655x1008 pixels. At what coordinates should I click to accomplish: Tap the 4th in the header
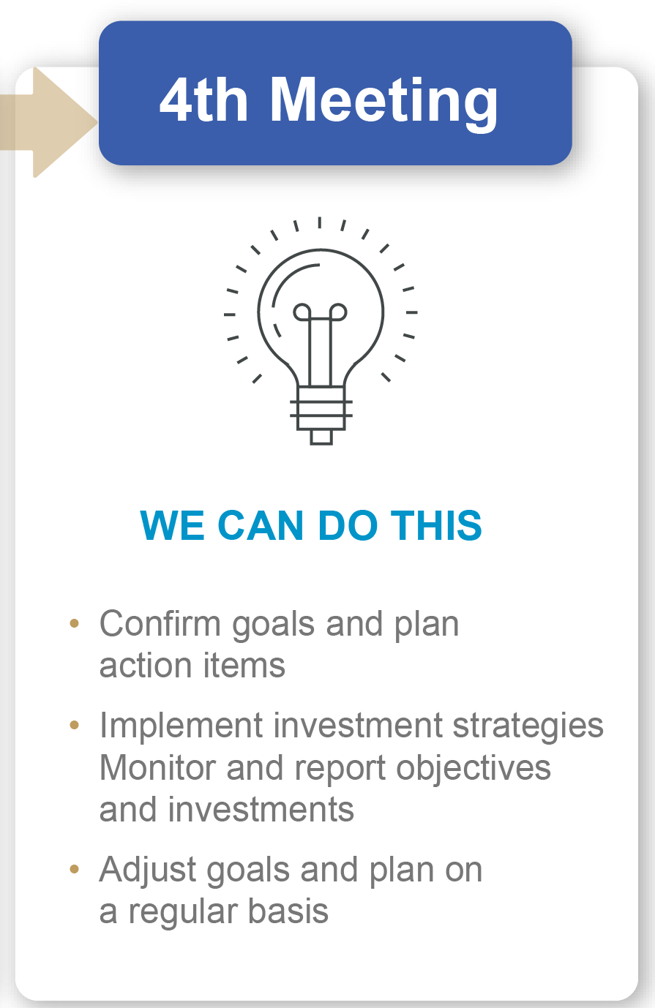click(203, 99)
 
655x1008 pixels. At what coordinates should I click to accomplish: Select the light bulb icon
click(321, 331)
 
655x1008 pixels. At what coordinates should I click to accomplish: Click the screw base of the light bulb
click(321, 415)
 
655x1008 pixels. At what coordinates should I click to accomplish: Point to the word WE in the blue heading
click(172, 525)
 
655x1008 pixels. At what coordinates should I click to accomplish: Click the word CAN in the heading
click(261, 525)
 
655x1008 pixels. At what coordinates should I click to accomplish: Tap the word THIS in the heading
click(436, 525)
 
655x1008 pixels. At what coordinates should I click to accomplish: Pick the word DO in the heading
click(347, 525)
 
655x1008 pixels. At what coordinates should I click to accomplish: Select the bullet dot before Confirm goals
click(74, 623)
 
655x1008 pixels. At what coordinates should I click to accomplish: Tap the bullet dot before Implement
click(74, 725)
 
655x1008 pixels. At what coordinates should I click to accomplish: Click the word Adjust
click(147, 870)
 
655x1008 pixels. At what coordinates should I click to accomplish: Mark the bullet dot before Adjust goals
click(74, 869)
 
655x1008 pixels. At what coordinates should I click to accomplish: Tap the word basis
click(288, 911)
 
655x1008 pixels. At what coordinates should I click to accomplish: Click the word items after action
click(244, 665)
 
